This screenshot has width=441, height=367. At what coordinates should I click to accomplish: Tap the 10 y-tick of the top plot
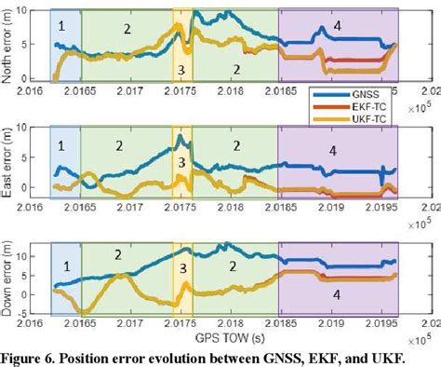click(x=36, y=8)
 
